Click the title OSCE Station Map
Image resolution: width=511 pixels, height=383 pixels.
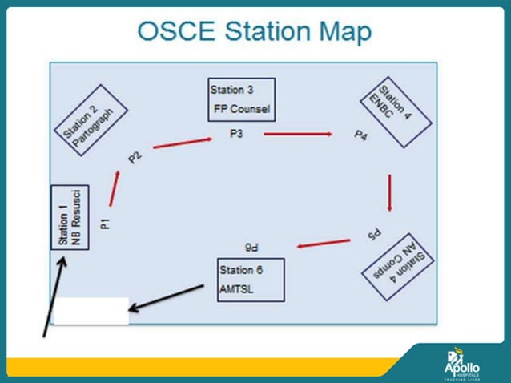(255, 31)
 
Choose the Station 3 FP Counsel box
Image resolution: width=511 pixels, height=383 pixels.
(241, 99)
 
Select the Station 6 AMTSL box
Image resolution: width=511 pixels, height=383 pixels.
(250, 280)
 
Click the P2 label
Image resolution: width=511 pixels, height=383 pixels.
(134, 155)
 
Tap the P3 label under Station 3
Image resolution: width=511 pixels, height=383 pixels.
(236, 134)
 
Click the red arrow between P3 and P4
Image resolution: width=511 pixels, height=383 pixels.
(298, 134)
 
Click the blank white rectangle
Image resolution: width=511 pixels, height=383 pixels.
(91, 311)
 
